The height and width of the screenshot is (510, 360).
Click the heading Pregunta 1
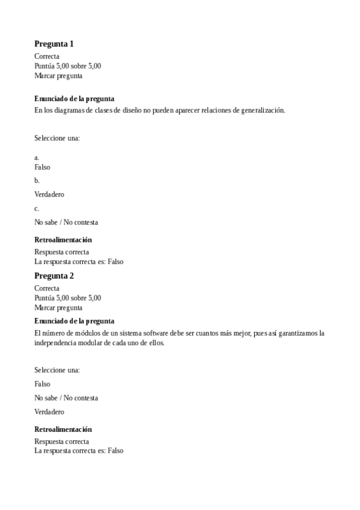(54, 44)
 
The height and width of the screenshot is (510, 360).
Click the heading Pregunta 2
(54, 276)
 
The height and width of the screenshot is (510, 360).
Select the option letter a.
(37, 158)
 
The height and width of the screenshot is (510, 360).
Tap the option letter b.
(37, 180)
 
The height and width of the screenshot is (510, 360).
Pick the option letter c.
(37, 209)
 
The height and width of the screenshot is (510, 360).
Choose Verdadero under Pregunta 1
(49, 194)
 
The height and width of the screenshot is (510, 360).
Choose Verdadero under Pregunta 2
(49, 412)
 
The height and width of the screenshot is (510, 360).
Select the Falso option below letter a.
(43, 167)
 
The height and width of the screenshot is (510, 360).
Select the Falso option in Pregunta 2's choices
(43, 384)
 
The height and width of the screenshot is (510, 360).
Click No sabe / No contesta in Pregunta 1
(66, 222)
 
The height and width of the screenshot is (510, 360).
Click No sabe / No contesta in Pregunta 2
(66, 398)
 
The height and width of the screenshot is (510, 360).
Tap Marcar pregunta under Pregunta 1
(58, 76)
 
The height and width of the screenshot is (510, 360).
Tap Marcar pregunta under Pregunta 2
(58, 307)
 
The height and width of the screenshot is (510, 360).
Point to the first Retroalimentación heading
(63, 240)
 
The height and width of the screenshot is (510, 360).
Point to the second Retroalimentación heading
(63, 429)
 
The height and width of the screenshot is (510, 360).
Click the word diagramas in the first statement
(71, 110)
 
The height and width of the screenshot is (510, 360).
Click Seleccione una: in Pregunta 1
(57, 138)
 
